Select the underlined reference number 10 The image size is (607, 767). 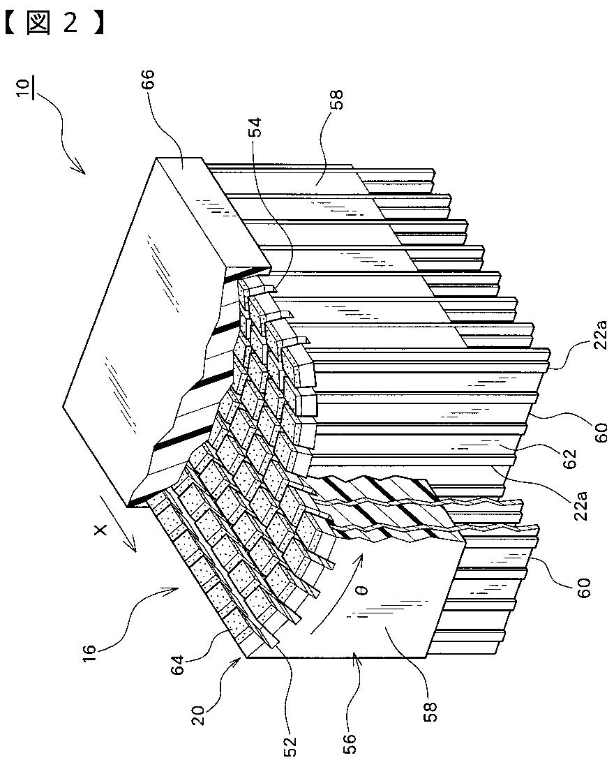23,91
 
